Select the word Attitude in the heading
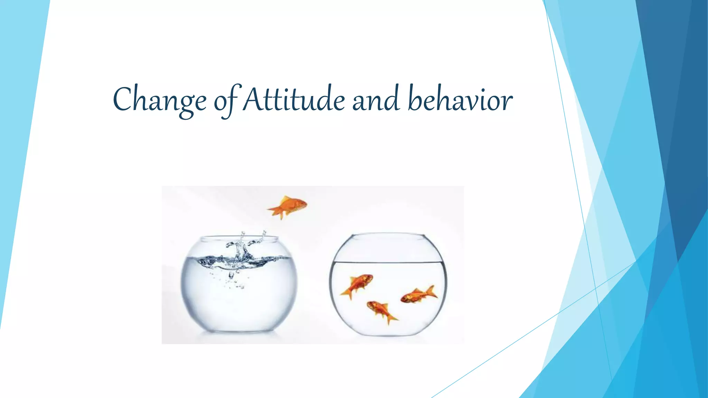[294, 99]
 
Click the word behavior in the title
[460, 99]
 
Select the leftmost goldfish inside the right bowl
[358, 285]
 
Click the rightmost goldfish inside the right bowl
[418, 295]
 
